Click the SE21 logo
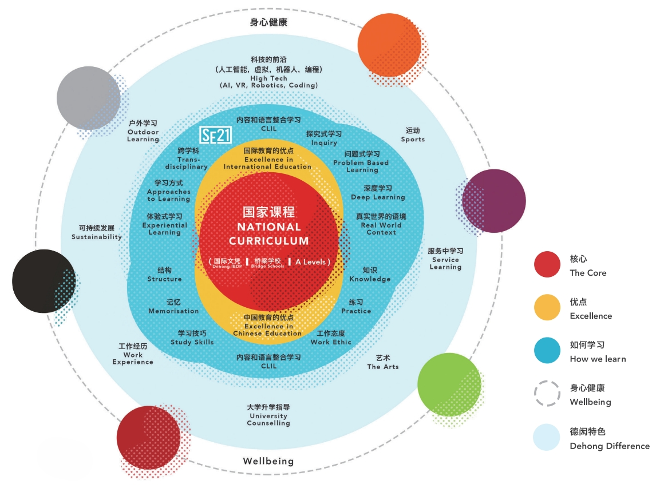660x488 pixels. tap(214, 135)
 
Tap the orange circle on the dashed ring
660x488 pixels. tap(389, 45)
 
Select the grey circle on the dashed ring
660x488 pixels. tap(89, 98)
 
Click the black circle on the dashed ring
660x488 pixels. tap(44, 281)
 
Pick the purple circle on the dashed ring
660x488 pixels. tap(494, 201)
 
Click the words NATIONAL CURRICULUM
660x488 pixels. tap(269, 234)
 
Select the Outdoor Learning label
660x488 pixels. tap(143, 136)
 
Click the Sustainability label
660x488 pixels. tap(97, 236)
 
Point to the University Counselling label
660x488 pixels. tap(268, 419)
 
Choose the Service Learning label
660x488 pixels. tap(445, 263)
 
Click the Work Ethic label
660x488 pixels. tap(331, 342)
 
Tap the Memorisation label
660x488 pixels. tap(173, 311)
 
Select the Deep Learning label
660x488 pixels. tap(378, 197)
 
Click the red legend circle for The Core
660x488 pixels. tap(547, 265)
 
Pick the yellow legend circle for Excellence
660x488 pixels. tap(547, 308)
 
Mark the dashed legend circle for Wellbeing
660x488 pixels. tap(547, 394)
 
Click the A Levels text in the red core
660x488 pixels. tap(310, 262)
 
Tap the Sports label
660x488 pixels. tap(413, 139)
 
